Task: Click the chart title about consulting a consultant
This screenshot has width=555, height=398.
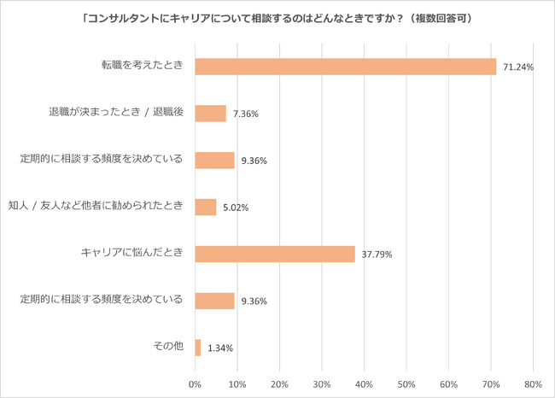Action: [277, 17]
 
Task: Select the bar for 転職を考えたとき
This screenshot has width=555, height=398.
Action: [345, 67]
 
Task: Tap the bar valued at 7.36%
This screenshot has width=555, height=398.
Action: [210, 114]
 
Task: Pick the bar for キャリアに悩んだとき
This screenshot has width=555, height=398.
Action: [274, 254]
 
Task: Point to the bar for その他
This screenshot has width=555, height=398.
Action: [198, 348]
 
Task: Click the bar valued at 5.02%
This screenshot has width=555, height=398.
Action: [205, 207]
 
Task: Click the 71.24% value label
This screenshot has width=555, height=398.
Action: [517, 67]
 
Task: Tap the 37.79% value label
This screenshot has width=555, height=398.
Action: [377, 255]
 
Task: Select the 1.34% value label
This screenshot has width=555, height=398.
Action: [220, 348]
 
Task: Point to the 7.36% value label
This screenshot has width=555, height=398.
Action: [246, 114]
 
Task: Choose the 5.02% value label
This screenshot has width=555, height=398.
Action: [236, 208]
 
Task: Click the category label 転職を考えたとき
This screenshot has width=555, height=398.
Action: [143, 67]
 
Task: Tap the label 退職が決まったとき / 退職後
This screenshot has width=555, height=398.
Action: [116, 113]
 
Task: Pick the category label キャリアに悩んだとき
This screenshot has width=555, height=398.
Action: [131, 254]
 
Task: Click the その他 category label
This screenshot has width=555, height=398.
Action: [167, 348]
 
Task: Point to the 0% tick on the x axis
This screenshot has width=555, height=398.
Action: [195, 383]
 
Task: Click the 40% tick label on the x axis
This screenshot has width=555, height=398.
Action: [364, 383]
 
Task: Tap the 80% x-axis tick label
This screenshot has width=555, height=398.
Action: [533, 383]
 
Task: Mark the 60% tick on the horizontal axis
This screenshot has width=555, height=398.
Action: [448, 383]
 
